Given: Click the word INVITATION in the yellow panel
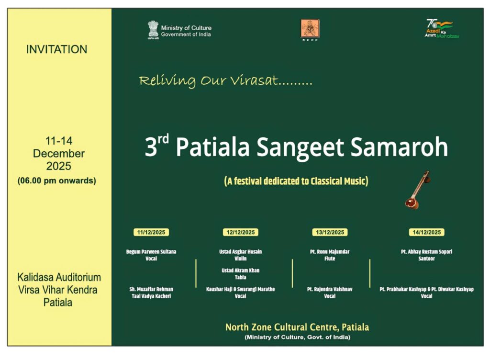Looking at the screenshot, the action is pos(56,49).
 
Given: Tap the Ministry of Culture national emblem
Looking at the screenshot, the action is pos(153,30).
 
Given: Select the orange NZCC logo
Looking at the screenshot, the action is pos(310,30).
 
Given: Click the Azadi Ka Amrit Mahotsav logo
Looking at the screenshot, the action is pos(442,29).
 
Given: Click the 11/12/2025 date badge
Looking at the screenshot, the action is pos(151,232).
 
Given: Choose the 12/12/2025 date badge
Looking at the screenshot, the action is pos(241,232).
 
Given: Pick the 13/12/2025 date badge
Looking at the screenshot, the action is pos(330,232).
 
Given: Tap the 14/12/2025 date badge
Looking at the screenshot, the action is pos(426,232).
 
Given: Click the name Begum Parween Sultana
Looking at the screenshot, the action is pos(151,251).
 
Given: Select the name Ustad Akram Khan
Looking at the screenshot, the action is pos(241,270).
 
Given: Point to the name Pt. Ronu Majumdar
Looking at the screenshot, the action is pos(330,251).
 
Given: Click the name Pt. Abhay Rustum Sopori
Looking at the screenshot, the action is pos(426,251).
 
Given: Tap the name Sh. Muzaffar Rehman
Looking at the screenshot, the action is pos(151,289).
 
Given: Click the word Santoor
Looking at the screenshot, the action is pos(426,259).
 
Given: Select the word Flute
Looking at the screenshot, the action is pos(330,259).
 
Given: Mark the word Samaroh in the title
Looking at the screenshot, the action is pos(400,147).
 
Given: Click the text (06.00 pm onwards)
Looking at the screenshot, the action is pos(56,180).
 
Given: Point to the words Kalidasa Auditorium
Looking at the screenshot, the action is pos(59,277).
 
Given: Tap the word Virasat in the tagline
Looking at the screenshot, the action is pos(255,80).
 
